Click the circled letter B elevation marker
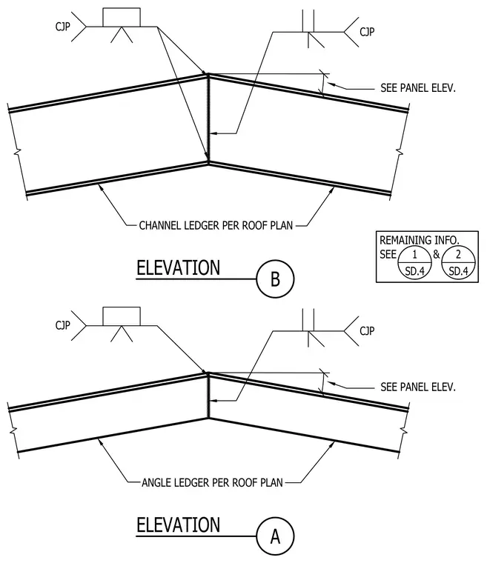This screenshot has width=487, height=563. [x=275, y=279]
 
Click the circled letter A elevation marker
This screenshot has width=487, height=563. [x=275, y=536]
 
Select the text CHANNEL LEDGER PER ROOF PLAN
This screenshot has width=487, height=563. [x=216, y=225]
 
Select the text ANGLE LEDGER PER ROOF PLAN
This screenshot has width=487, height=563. [x=212, y=482]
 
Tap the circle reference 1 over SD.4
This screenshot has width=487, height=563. [x=414, y=263]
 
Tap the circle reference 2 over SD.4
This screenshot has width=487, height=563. [x=458, y=263]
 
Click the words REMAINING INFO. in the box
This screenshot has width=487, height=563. [x=420, y=240]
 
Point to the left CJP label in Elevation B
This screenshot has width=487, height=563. [x=62, y=26]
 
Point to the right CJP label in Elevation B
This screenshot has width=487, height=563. [x=367, y=32]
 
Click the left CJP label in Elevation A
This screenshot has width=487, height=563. [x=62, y=325]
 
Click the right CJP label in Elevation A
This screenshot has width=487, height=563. [x=367, y=330]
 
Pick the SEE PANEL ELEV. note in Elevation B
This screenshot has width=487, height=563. [x=418, y=88]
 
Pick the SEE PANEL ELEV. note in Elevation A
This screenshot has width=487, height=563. [x=418, y=387]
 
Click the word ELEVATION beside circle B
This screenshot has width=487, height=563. [x=178, y=268]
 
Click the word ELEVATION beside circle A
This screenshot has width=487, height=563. [x=178, y=525]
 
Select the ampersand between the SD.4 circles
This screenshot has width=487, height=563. [x=437, y=254]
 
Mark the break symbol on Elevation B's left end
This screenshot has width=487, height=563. [x=17, y=153]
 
